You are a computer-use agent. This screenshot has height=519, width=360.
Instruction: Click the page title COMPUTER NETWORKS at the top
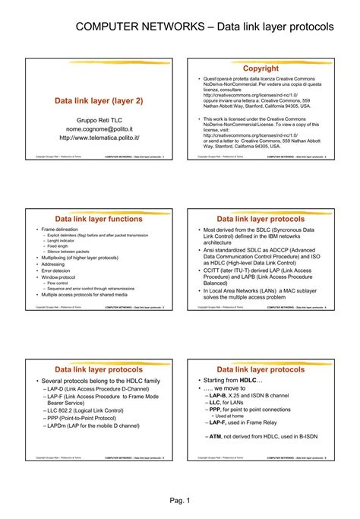click(144, 27)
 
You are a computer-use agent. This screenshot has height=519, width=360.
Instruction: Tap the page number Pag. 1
click(179, 501)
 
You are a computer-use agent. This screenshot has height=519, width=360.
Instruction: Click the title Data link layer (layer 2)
click(99, 100)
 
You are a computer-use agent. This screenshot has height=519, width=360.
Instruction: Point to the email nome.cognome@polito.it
click(99, 128)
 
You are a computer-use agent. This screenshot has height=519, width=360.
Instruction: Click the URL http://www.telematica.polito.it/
click(99, 138)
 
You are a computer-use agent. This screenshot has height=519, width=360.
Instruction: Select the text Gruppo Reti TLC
click(99, 120)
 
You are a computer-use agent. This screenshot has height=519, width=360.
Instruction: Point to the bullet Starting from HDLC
click(232, 379)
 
